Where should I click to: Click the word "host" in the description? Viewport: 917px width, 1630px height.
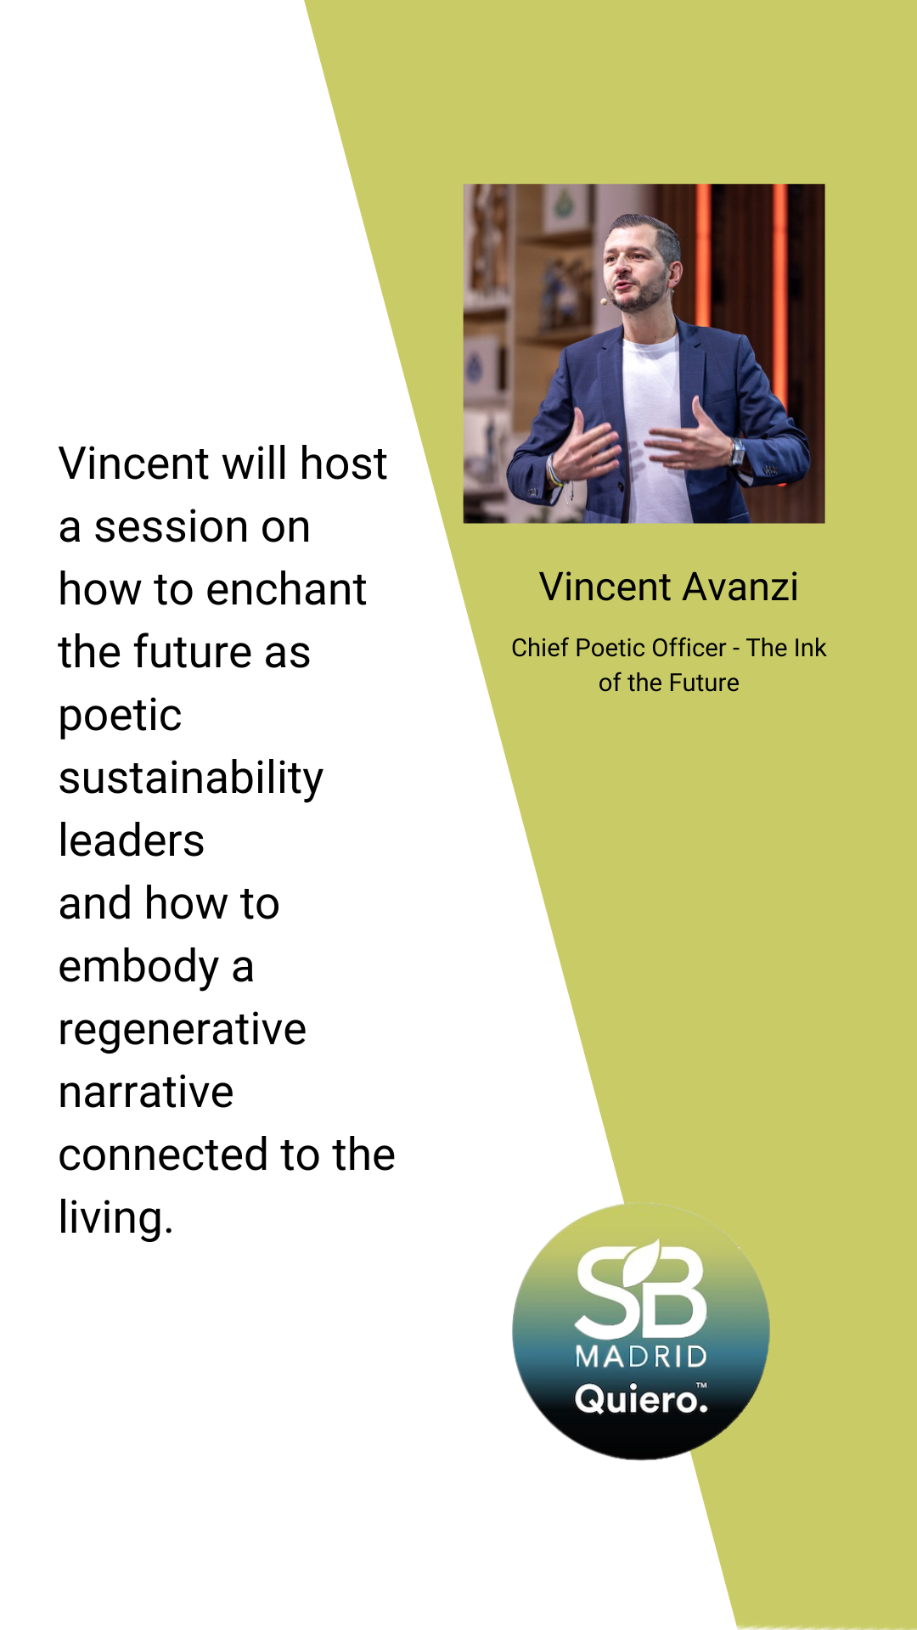pos(343,464)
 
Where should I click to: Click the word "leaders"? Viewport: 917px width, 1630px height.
pos(132,840)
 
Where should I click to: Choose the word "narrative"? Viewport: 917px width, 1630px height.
pos(146,1092)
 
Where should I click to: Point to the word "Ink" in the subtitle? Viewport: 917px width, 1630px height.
pos(810,648)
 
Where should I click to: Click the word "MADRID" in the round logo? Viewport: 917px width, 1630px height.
pos(641,1356)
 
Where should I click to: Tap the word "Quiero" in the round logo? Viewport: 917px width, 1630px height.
pos(637,1399)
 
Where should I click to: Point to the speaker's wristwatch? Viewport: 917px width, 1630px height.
pos(738,452)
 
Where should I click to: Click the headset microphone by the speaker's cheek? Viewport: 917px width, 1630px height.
pos(605,301)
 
